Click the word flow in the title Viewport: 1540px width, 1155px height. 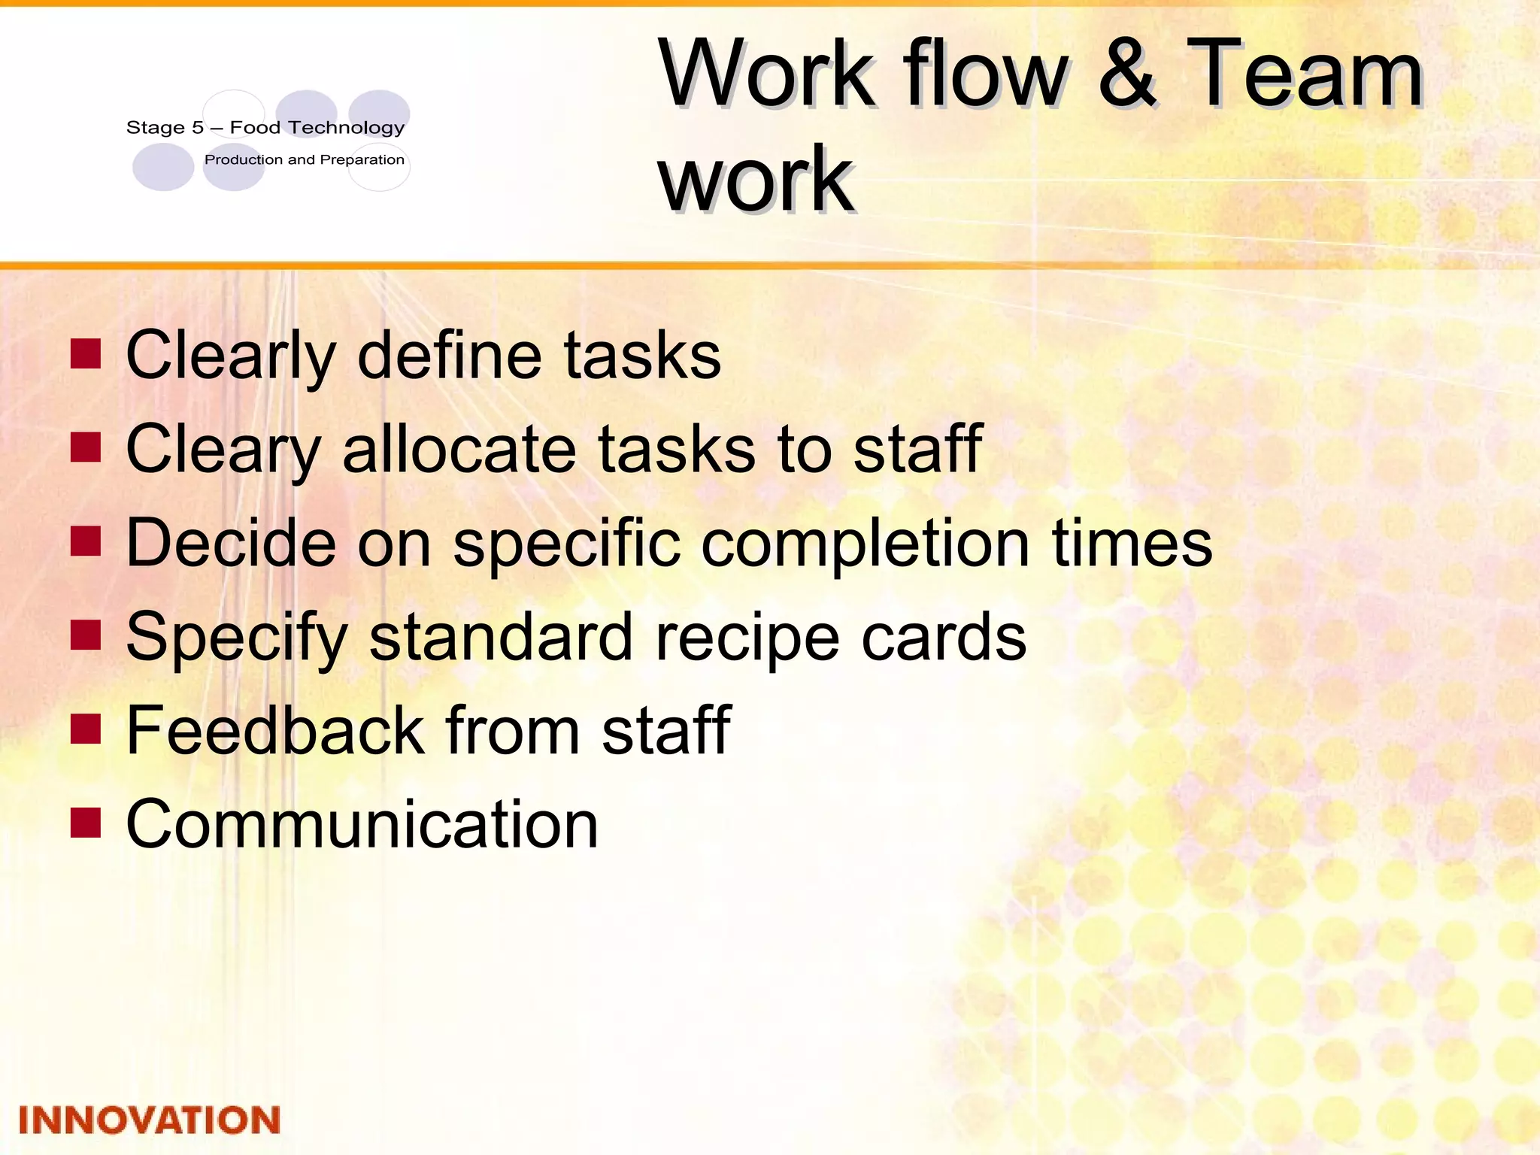coord(986,74)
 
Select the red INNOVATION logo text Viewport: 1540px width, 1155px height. coord(149,1120)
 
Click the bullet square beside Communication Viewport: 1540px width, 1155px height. coord(86,823)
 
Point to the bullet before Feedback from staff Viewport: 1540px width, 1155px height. coord(86,729)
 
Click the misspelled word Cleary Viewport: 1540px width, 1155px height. coord(223,449)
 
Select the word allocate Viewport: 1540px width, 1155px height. coord(459,449)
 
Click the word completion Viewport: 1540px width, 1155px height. coord(865,543)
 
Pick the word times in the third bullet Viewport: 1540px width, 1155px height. coord(1132,543)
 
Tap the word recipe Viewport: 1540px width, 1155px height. coord(746,637)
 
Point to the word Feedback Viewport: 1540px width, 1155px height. coord(275,730)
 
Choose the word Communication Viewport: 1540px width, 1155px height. coord(362,824)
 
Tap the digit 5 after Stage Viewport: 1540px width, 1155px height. coord(198,128)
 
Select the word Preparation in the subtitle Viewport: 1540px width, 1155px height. coord(362,160)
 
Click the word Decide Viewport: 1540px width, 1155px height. coord(231,543)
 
